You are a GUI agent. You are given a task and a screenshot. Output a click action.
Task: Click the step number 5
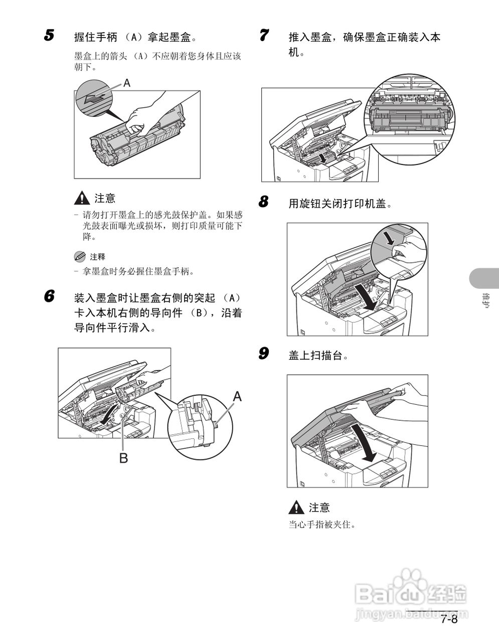point(49,36)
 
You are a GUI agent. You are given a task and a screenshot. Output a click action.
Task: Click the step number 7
point(264,36)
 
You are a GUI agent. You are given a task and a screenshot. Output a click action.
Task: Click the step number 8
point(264,202)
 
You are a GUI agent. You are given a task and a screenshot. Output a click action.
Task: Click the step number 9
point(264,354)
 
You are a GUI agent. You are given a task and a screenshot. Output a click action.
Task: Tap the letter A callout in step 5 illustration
point(127,83)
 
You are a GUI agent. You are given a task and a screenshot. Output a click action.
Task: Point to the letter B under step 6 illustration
point(123,457)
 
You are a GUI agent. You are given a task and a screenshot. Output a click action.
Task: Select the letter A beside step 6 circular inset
point(237,397)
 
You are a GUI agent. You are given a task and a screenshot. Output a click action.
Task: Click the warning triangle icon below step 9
point(297,508)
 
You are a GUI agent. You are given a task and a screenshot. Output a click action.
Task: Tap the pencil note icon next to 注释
point(80,256)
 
